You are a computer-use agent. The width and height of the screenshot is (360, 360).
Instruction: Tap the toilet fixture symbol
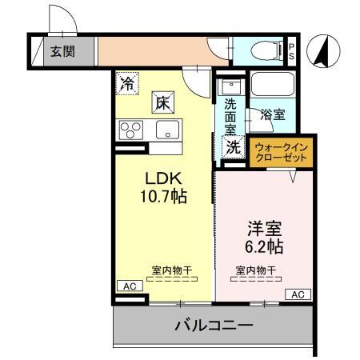[262, 50]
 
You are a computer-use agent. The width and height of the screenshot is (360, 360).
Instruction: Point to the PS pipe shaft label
[292, 52]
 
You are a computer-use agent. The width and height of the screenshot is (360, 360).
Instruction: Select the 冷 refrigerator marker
[127, 82]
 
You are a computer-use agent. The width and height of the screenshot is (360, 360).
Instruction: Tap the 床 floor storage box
[162, 102]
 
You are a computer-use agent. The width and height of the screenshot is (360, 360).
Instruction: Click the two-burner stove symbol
[130, 130]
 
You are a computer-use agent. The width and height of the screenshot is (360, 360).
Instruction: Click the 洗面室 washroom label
[230, 116]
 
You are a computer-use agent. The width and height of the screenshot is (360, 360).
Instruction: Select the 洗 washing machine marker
[232, 146]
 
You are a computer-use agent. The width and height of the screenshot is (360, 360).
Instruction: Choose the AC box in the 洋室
[297, 294]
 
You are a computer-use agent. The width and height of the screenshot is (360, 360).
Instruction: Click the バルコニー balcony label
[214, 326]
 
